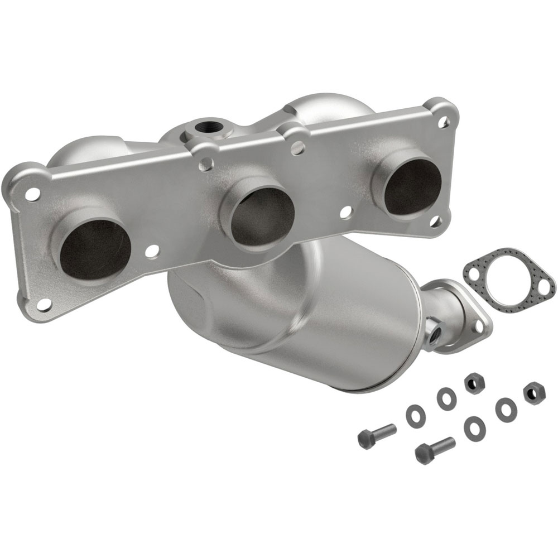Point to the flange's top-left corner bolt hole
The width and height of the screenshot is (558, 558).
click(32, 194)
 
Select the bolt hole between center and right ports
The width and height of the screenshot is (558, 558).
click(346, 212)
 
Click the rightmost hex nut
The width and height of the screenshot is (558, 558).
click(534, 393)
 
